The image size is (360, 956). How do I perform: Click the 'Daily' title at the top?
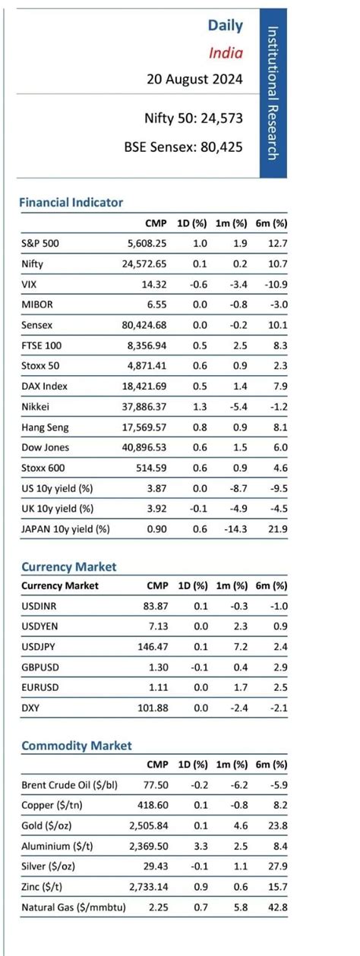pos(225,25)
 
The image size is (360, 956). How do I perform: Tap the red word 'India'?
pos(226,52)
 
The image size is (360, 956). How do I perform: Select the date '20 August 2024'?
pos(194,79)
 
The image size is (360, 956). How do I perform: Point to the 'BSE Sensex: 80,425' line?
pos(183,147)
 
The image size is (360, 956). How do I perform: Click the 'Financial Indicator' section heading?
pos(71,203)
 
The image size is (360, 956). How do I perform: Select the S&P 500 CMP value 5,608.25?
pos(145,244)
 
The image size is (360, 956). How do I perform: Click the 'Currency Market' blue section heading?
pos(69,567)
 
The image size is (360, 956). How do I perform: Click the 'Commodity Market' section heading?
pos(76,746)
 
